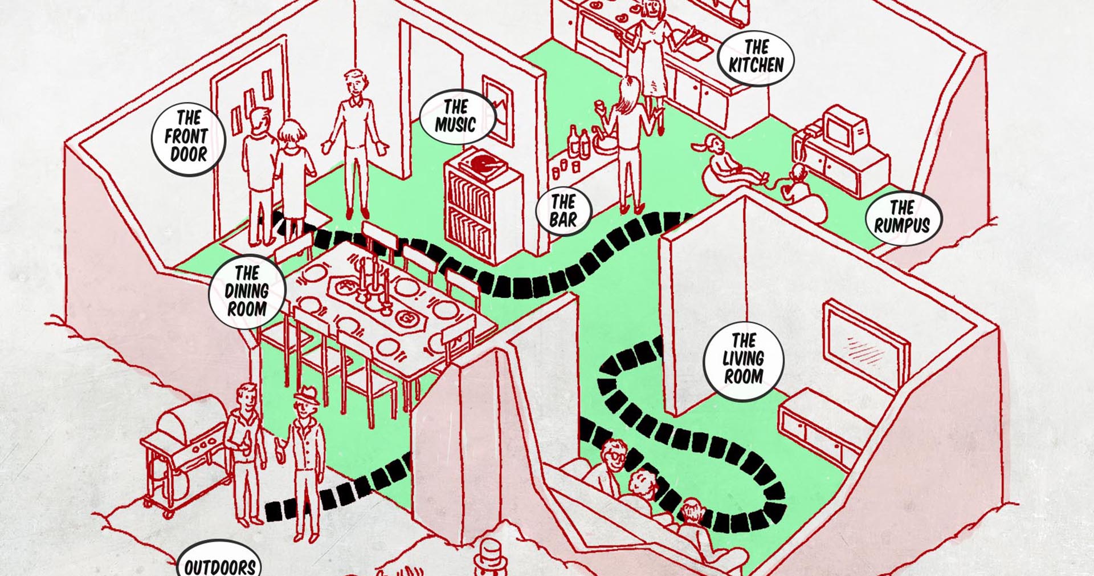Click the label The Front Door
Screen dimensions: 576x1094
pyautogui.click(x=188, y=137)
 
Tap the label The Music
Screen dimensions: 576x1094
pyautogui.click(x=456, y=116)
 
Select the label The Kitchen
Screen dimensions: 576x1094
pyautogui.click(x=756, y=57)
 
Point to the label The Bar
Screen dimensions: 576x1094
pyautogui.click(x=563, y=211)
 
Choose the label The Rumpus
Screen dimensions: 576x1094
pyautogui.click(x=903, y=217)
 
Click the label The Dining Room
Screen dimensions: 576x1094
pyautogui.click(x=246, y=291)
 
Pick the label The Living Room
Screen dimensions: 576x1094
pyautogui.click(x=743, y=359)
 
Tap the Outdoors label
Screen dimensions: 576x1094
pyautogui.click(x=219, y=565)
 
